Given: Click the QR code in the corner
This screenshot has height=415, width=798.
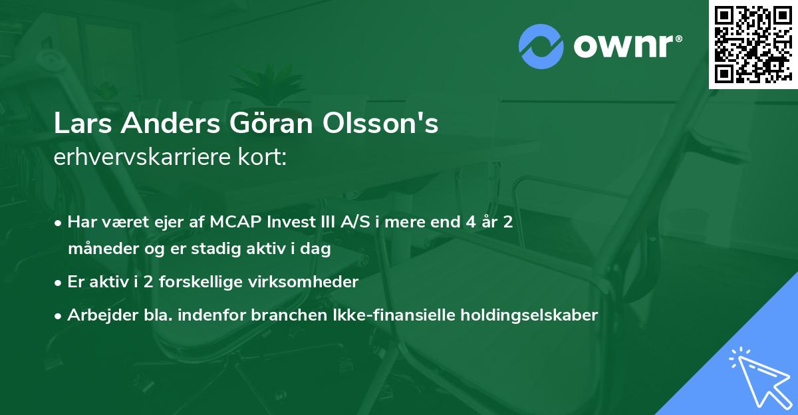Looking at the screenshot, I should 753,44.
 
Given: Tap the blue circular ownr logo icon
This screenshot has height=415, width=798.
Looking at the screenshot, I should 541,46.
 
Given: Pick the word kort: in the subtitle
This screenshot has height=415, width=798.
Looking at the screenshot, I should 264,158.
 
